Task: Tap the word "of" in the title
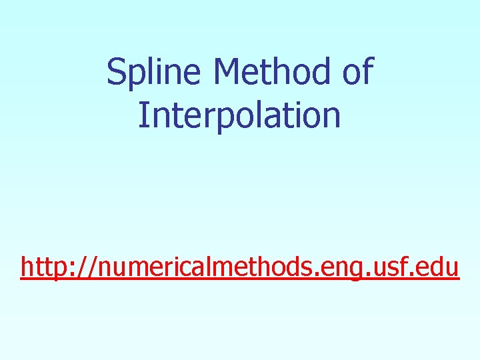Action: pos(358,72)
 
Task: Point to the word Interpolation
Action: pos(240,115)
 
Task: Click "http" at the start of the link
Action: pos(45,267)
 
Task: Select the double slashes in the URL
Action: pos(87,267)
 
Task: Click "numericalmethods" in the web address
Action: pos(207,267)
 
